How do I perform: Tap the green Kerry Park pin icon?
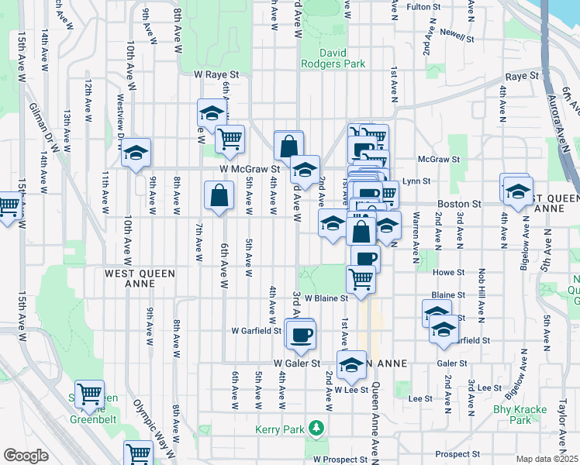pos(316,428)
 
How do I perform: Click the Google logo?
pos(26,456)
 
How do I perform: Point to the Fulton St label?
pos(423,7)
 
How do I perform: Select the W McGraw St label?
pos(249,168)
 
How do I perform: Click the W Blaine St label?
pos(323,298)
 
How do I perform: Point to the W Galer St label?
pos(297,363)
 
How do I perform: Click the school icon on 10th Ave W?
pos(136,153)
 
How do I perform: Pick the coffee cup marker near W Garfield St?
pos(301,335)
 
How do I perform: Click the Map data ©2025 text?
pos(547,459)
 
